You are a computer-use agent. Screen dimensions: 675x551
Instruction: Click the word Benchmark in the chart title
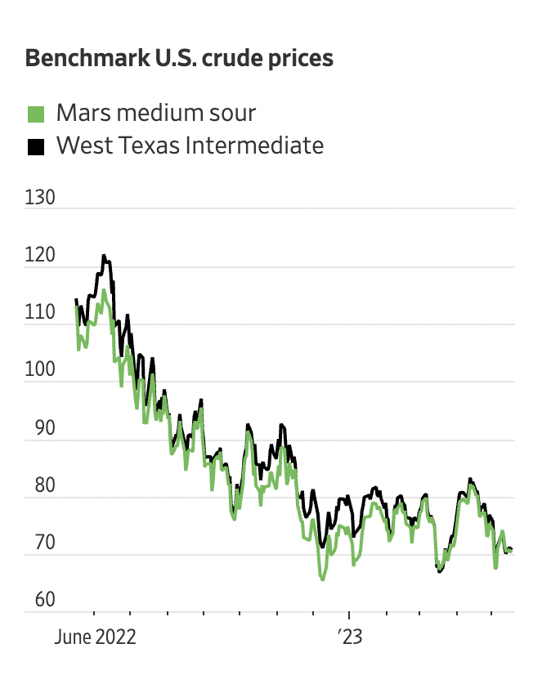tap(76, 59)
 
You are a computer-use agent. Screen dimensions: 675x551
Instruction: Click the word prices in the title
tap(299, 59)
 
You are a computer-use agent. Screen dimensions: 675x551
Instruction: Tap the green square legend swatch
tap(35, 114)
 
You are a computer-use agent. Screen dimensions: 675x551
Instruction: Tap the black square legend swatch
tap(35, 147)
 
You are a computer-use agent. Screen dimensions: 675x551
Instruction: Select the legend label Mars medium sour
tap(155, 113)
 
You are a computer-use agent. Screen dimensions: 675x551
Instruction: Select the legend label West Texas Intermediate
tap(190, 146)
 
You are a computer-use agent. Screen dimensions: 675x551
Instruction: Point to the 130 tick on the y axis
tap(40, 198)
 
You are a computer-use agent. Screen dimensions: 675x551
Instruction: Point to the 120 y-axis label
tap(40, 256)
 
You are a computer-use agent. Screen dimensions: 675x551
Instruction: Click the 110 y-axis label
tap(40, 313)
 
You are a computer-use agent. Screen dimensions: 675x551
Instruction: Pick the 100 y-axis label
tap(40, 370)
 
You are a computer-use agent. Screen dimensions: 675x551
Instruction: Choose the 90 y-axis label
tap(37, 428)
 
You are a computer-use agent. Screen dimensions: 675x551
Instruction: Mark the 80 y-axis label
tap(37, 485)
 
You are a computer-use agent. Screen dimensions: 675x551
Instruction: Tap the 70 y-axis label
tap(37, 543)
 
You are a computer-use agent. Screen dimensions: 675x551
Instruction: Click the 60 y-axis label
tap(37, 600)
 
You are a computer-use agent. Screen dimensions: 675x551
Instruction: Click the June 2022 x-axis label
tap(95, 637)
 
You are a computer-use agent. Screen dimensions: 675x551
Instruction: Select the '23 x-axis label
tap(349, 637)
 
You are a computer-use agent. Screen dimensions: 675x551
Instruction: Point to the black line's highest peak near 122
tap(104, 256)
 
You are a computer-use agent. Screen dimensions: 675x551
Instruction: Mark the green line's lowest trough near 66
tap(322, 579)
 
